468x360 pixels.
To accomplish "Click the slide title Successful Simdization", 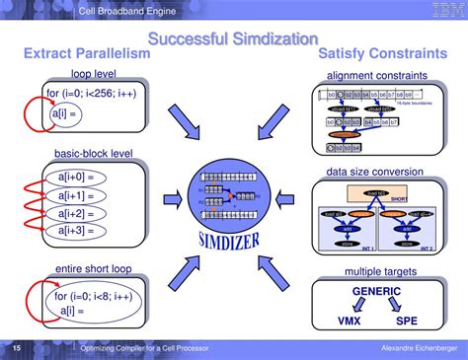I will click(x=233, y=38).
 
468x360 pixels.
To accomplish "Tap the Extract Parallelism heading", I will click(x=86, y=54).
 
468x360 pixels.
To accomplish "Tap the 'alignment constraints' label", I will click(x=376, y=76).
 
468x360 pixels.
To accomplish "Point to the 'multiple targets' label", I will click(x=376, y=271).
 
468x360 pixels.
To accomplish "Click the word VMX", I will click(x=349, y=322).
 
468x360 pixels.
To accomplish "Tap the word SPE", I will click(x=406, y=322).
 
